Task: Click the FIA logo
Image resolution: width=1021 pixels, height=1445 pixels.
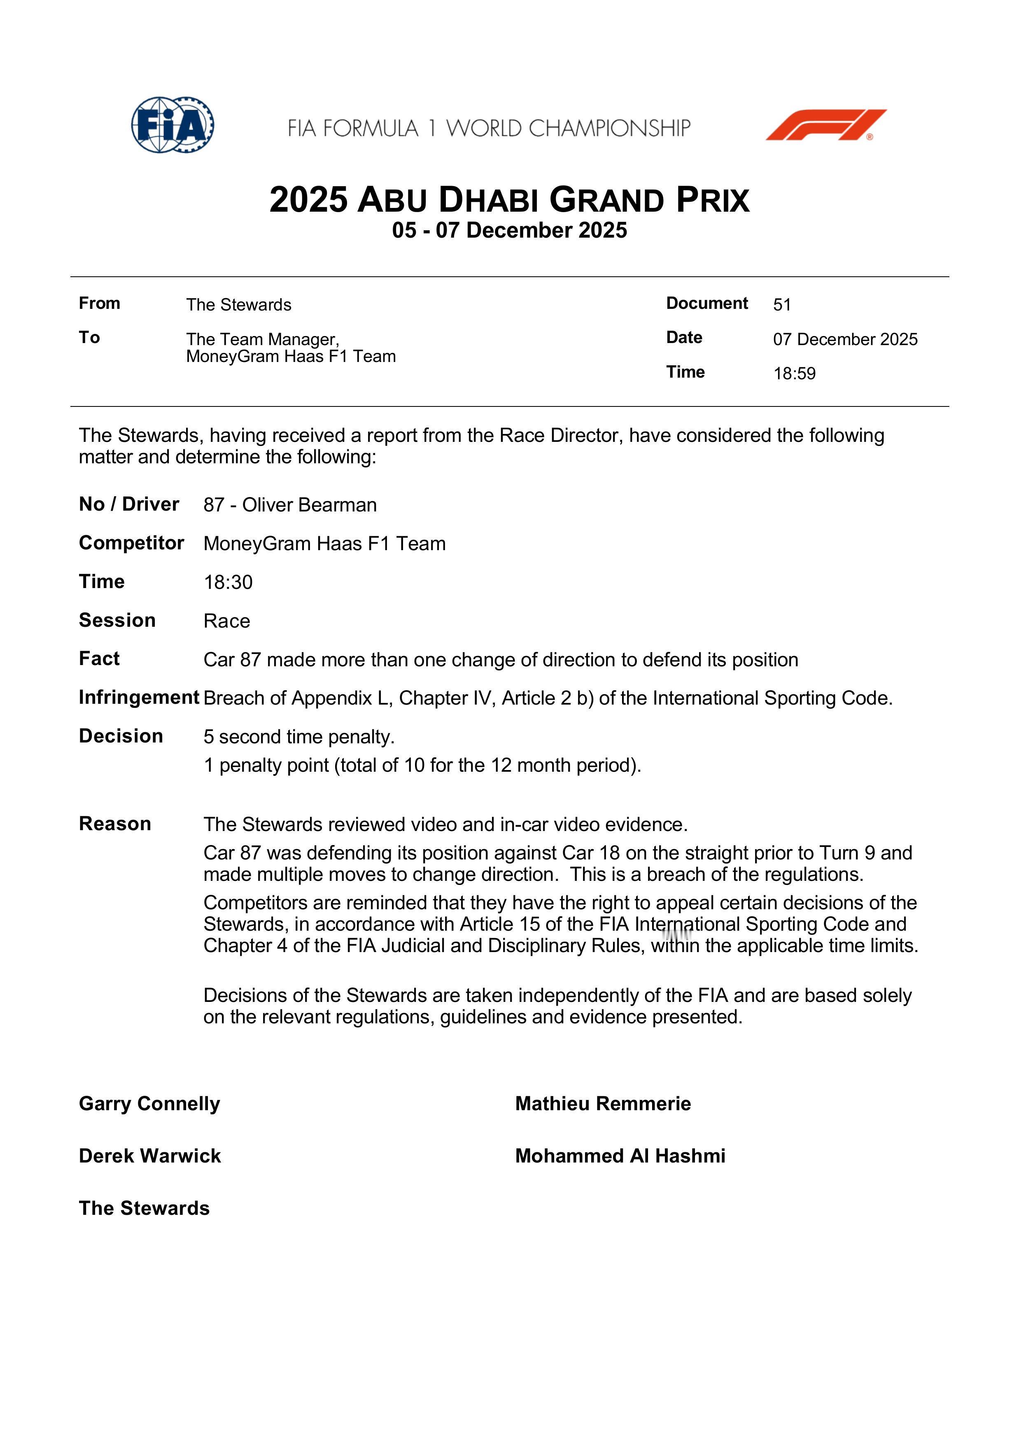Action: pyautogui.click(x=172, y=125)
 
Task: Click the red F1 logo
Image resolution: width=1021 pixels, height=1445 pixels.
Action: pyautogui.click(x=825, y=125)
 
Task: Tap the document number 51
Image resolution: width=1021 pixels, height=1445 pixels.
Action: pyautogui.click(x=781, y=305)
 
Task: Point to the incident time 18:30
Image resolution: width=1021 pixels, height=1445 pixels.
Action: pyautogui.click(x=228, y=582)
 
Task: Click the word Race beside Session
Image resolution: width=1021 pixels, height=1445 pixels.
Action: pyautogui.click(x=226, y=621)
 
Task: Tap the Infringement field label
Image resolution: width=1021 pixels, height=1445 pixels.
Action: pyautogui.click(x=138, y=697)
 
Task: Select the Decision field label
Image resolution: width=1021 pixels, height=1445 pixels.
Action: pyautogui.click(x=121, y=736)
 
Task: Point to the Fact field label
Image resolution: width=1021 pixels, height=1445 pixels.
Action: pyautogui.click(x=99, y=658)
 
